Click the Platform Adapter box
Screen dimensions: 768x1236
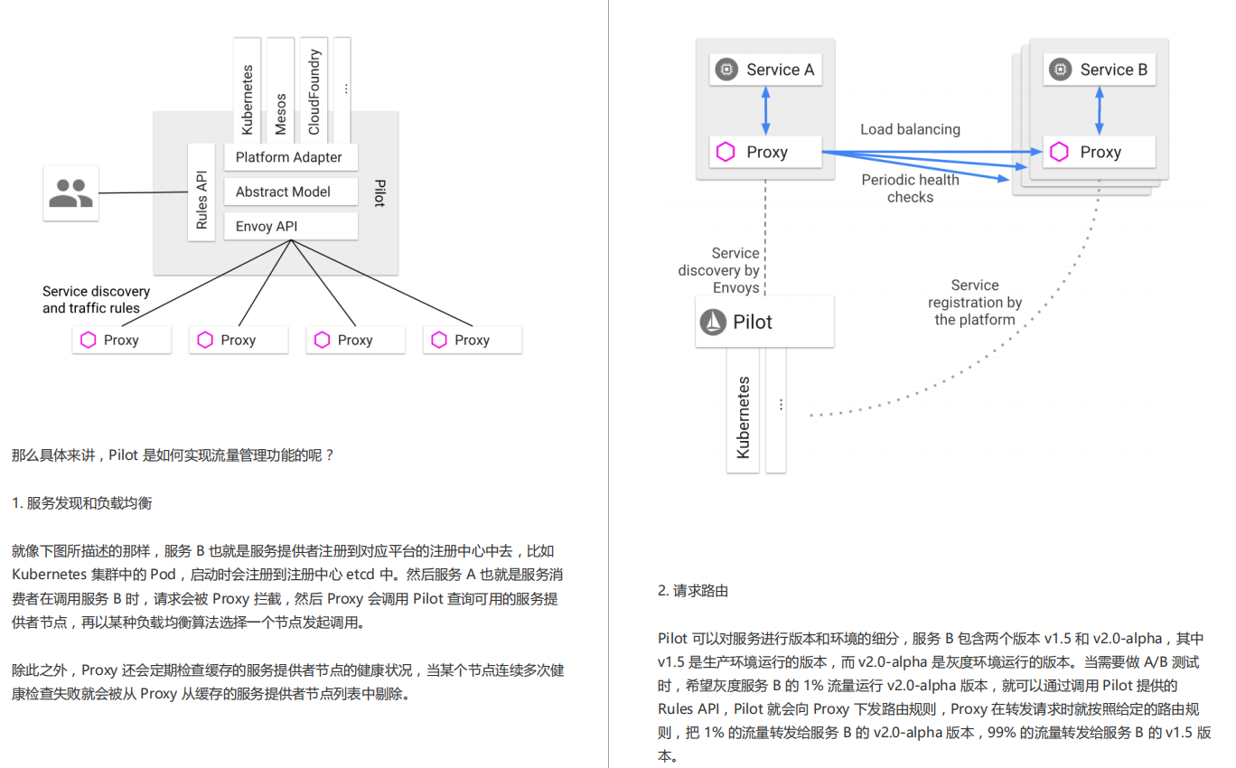pos(290,157)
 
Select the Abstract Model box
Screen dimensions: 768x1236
pos(290,192)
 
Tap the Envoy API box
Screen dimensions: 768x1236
pos(290,226)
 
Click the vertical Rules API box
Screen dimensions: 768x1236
pos(201,192)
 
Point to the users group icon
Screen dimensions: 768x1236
pos(70,193)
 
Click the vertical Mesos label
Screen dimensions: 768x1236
pos(280,114)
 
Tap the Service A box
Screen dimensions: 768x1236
pos(765,70)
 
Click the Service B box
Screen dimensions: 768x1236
pos(1099,70)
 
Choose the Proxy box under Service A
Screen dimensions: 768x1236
pos(765,152)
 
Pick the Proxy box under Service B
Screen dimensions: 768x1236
pos(1099,152)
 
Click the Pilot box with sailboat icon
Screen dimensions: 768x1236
pos(764,323)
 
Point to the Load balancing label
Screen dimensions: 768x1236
pos(910,129)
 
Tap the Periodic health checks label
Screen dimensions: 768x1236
pos(910,188)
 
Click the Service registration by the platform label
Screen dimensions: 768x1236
pos(975,302)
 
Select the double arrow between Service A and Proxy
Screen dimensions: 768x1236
pos(765,110)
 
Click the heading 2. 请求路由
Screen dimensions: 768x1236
pos(693,591)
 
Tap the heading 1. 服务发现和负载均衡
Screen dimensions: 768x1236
pos(82,503)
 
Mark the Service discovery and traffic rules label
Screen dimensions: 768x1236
pos(96,300)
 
